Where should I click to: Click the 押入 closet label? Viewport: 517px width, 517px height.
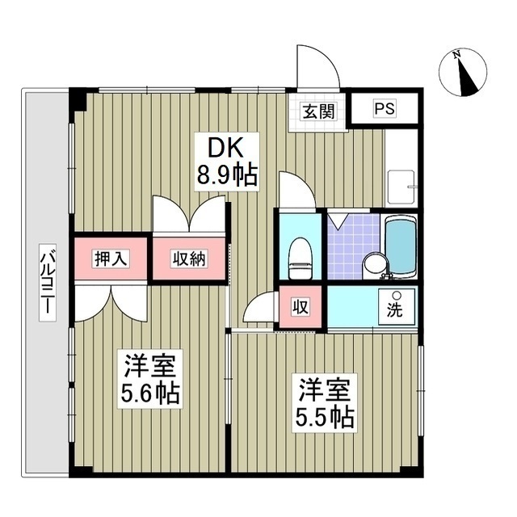coord(111,258)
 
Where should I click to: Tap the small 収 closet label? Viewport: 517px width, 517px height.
coord(300,307)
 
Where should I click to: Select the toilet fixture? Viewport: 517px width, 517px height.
coord(300,254)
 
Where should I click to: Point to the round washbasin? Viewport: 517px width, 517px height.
coord(373,263)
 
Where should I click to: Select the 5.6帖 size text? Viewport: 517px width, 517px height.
coord(151,393)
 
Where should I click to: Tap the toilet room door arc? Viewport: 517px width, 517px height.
coord(294,191)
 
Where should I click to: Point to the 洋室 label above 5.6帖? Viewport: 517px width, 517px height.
coord(151,365)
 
